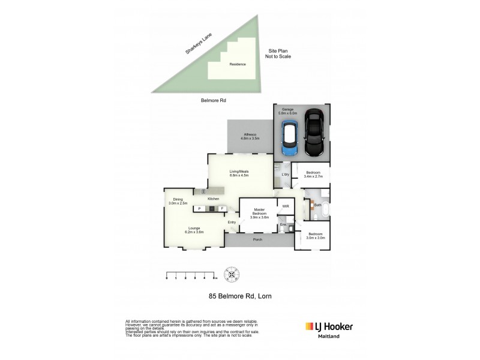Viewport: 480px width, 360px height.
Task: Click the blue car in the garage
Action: pos(290,139)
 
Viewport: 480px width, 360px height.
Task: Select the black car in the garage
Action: pos(314,133)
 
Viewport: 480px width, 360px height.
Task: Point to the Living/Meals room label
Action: pos(239,173)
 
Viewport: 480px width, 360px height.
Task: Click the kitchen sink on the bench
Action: pos(203,191)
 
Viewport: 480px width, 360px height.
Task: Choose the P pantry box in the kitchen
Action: pos(199,208)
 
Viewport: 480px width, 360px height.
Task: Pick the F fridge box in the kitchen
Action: pos(221,208)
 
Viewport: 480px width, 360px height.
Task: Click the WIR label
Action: pos(286,206)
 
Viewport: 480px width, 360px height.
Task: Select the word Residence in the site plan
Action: pos(238,64)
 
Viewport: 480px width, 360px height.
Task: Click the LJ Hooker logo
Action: pos(329,327)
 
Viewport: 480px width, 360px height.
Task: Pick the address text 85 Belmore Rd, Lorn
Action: pos(239,296)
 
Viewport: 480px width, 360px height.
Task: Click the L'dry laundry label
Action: pos(286,175)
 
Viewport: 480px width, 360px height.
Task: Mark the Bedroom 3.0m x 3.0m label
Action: pos(316,236)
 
